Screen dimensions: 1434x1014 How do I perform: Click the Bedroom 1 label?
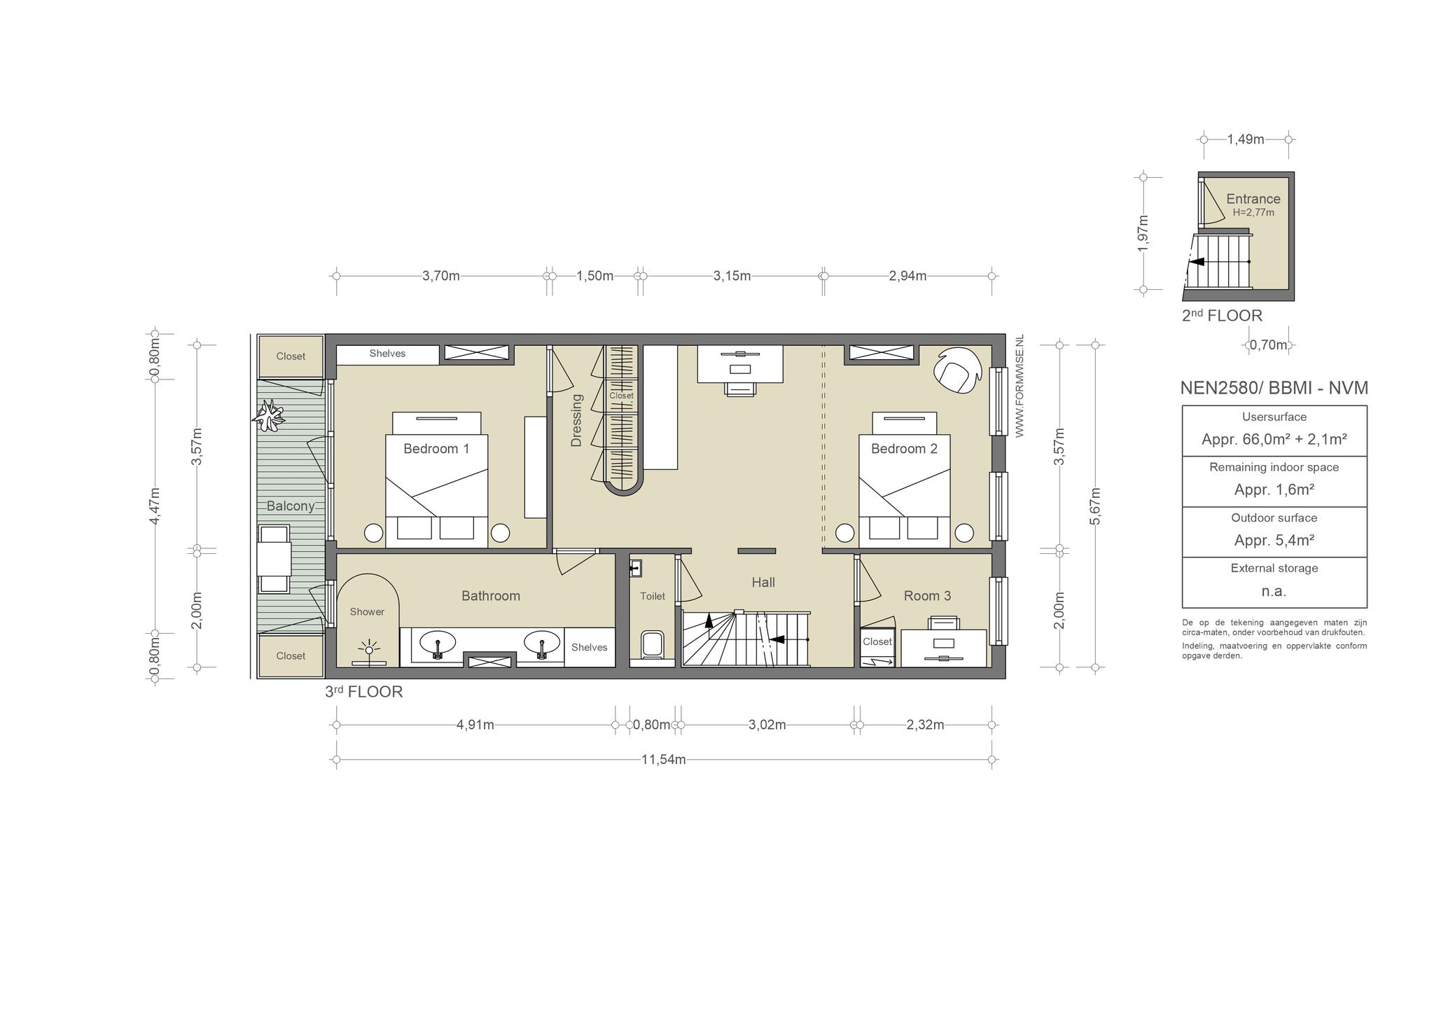coord(436,449)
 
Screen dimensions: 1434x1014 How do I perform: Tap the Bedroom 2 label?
coord(904,449)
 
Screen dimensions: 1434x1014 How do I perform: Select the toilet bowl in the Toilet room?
coord(652,644)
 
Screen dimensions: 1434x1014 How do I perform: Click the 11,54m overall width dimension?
coord(664,760)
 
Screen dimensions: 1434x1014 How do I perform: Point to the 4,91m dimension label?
coord(475,725)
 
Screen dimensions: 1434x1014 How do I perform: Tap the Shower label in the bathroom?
coord(367,612)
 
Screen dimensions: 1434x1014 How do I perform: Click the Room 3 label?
coord(927,596)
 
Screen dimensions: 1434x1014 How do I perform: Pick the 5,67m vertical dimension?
coord(1096,506)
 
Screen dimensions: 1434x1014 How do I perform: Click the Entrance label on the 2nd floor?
coord(1253,199)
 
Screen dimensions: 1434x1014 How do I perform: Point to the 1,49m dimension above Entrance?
coord(1246,139)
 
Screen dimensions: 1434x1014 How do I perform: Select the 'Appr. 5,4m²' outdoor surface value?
coord(1274,541)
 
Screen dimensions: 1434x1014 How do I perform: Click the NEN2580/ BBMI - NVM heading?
coord(1274,388)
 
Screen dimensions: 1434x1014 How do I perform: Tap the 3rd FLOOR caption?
coord(364,692)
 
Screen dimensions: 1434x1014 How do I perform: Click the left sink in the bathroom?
coord(438,643)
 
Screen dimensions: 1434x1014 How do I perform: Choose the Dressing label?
coord(577,420)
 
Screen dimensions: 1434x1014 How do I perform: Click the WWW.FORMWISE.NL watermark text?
coord(1019,386)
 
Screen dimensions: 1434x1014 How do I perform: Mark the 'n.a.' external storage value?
coord(1274,591)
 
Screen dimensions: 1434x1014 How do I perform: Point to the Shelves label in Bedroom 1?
coord(387,354)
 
